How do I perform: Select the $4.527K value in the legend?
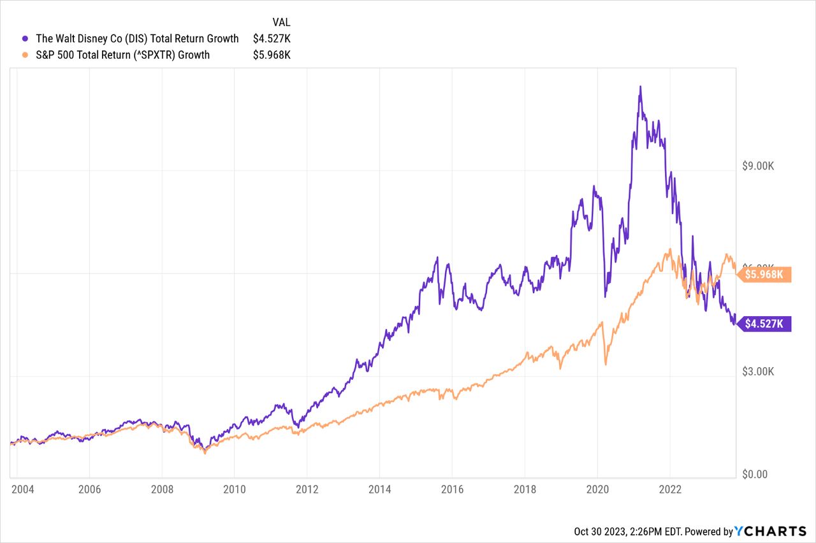272,39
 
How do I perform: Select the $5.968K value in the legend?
272,55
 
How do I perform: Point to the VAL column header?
280,22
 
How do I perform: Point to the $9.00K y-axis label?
758,166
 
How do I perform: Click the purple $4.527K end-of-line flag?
765,324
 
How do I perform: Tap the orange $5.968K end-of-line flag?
765,275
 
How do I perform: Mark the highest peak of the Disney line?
640,86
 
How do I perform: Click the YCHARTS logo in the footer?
770,532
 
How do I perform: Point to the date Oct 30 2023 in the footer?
601,532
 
